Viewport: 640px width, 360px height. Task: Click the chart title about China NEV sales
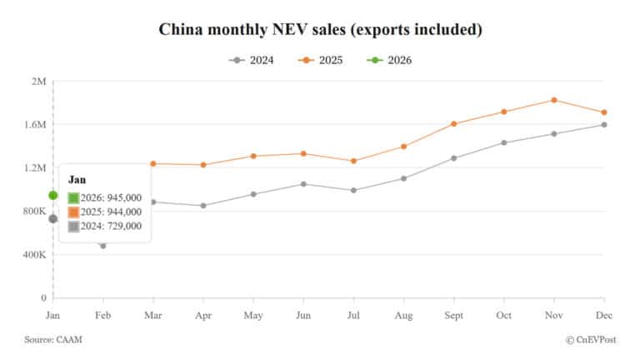click(x=320, y=30)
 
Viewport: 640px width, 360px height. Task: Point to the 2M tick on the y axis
click(x=38, y=81)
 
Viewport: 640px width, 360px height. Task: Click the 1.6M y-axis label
click(x=35, y=124)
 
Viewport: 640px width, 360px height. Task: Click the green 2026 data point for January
click(x=52, y=195)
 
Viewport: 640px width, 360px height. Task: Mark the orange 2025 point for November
click(x=554, y=100)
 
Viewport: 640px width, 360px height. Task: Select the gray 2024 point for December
click(x=604, y=125)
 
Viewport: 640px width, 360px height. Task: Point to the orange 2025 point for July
click(x=353, y=161)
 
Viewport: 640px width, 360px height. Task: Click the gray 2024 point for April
click(x=202, y=206)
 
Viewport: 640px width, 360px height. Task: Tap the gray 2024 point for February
click(x=103, y=246)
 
